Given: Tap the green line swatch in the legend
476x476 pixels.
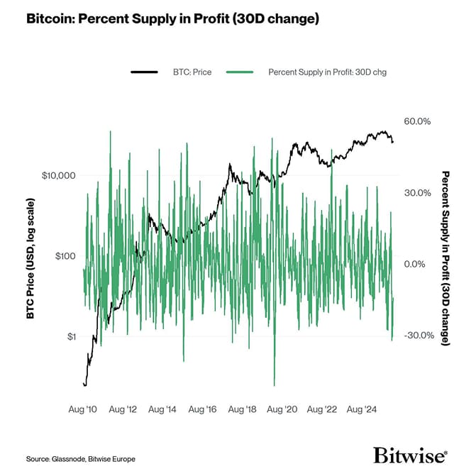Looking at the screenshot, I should pyautogui.click(x=243, y=72).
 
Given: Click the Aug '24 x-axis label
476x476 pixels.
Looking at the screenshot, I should pyautogui.click(x=362, y=409).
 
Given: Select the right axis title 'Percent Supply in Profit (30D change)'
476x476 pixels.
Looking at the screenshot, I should pyautogui.click(x=445, y=258).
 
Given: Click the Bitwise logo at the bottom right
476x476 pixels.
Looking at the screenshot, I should pyautogui.click(x=410, y=454).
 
